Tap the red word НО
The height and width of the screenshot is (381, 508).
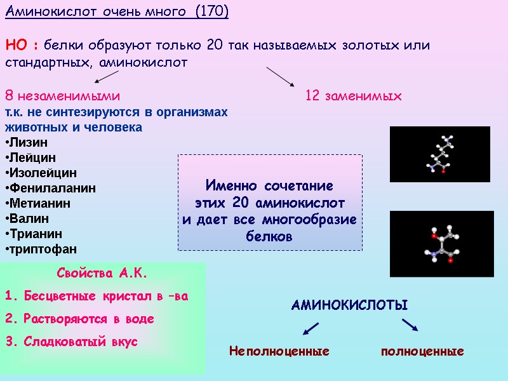18,46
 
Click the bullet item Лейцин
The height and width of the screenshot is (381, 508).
31,157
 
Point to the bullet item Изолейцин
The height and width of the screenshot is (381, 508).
42,173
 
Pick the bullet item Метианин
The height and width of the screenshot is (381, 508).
39,203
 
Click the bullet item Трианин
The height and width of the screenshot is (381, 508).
35,234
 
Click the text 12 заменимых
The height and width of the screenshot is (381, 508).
354,97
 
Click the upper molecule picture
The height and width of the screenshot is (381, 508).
439,154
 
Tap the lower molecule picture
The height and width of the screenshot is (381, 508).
441,244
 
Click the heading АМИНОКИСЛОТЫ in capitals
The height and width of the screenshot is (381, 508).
349,305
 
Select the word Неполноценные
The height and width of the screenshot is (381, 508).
279,351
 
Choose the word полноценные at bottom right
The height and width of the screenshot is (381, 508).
422,351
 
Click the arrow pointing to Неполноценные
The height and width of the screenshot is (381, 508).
311,328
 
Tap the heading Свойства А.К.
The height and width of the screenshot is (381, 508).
102,274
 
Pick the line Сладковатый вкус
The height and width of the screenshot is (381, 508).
80,342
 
